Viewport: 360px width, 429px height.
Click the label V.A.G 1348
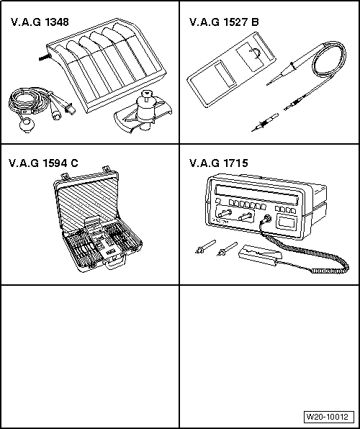point(40,22)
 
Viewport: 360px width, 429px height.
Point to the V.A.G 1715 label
point(219,163)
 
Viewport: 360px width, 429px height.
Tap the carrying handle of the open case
point(116,267)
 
